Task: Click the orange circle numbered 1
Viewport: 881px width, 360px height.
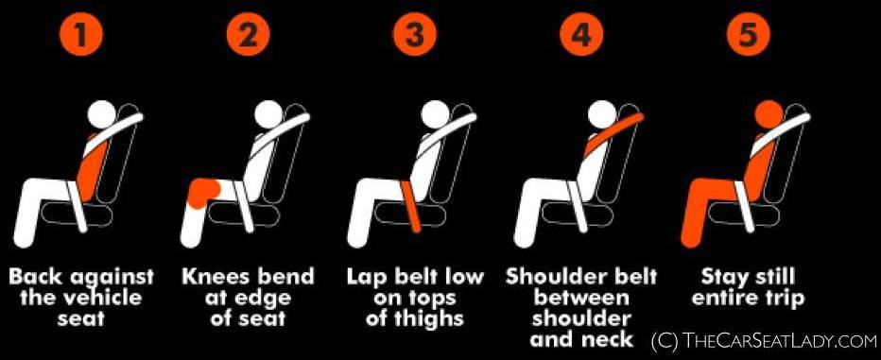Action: pos(81,35)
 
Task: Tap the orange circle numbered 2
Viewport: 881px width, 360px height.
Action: pos(248,35)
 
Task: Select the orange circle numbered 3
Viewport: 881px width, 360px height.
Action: pos(414,35)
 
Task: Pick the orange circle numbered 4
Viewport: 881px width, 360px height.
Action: pos(581,35)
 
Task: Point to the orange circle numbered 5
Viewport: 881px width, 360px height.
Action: pos(748,35)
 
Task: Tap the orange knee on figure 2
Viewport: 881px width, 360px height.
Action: pos(204,194)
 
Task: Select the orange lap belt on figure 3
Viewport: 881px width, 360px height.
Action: pos(411,204)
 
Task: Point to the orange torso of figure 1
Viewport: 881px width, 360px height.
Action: pos(92,167)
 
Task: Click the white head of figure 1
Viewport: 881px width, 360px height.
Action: pos(102,114)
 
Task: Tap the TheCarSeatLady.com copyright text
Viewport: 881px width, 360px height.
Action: pos(764,340)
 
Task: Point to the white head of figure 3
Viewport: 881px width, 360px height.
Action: pos(435,114)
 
